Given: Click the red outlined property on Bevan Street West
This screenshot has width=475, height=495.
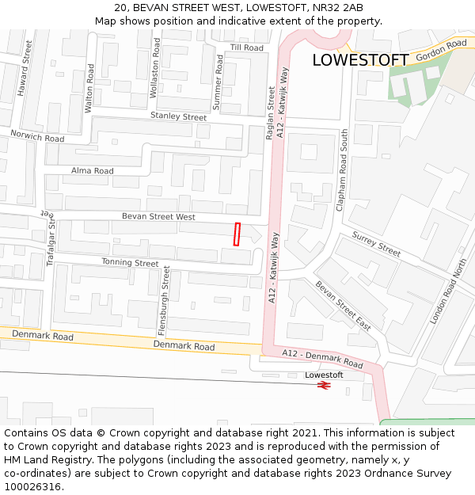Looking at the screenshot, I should coord(237,234).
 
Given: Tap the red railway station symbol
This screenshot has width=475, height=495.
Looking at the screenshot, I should coord(323,385).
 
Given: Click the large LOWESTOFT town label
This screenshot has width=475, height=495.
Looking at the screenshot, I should coord(360,60).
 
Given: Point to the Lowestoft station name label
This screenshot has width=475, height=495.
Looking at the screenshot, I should coord(324,375).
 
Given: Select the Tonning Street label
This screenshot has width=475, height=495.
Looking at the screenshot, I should coord(130,263).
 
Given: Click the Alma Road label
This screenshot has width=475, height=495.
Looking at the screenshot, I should coord(93,170).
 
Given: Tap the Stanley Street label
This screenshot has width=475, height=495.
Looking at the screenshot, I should coord(178,116).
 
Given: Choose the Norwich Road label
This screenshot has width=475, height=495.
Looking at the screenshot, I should coord(37,136).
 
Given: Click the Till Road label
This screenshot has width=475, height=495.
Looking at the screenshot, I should coord(246,48).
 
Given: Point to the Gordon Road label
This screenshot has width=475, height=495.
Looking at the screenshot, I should coord(441,50).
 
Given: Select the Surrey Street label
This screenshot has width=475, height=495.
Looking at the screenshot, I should coord(376,244).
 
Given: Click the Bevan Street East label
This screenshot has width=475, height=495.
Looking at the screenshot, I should coord(343,306).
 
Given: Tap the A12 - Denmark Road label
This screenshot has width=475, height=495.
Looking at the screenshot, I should coord(323,359).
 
